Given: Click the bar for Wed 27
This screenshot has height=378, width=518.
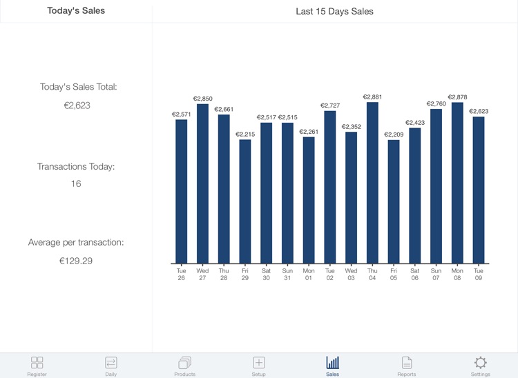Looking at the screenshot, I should (x=202, y=183).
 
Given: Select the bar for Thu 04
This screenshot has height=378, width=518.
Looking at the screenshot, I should (x=372, y=183).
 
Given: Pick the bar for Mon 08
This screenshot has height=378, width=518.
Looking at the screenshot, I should (x=457, y=183).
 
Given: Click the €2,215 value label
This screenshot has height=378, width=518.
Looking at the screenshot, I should (x=245, y=135).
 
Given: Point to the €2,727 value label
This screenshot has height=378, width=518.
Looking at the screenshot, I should (x=330, y=106).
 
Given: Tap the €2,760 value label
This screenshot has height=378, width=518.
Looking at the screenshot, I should (x=436, y=103).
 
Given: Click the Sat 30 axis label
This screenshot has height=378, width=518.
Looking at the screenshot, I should (x=266, y=275).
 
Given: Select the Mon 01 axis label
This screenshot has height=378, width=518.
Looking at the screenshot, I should (x=309, y=275).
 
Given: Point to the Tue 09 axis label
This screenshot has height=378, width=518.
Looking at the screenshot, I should (x=479, y=275).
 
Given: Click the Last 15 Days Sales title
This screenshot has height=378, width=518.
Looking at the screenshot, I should (x=334, y=11).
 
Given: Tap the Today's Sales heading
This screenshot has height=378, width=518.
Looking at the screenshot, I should (x=76, y=11).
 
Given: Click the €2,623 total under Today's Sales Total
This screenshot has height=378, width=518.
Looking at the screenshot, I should (x=76, y=106).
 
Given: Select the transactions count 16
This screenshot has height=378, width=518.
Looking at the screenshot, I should (x=76, y=184).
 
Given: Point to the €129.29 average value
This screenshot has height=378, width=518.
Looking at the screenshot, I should (x=76, y=261).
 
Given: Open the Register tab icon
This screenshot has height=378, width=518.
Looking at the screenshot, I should (x=37, y=362).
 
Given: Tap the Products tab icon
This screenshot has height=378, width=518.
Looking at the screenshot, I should (x=184, y=362).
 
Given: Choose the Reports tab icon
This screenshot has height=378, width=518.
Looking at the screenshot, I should (x=407, y=362).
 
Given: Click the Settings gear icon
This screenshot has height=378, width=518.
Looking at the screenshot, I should (x=481, y=362).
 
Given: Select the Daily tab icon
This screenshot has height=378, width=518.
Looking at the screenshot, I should (x=111, y=362).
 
